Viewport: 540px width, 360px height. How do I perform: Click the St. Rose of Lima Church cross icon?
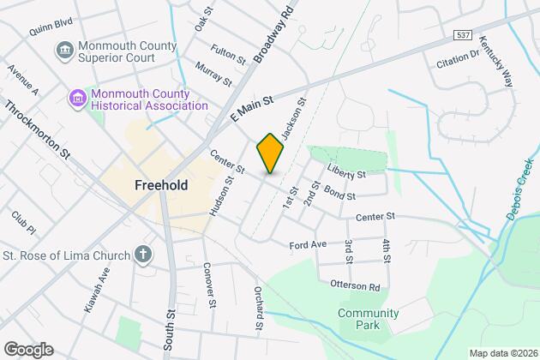click(x=143, y=255)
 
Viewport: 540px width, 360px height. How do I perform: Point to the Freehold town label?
click(x=161, y=184)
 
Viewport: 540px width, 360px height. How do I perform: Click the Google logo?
click(x=28, y=350)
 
